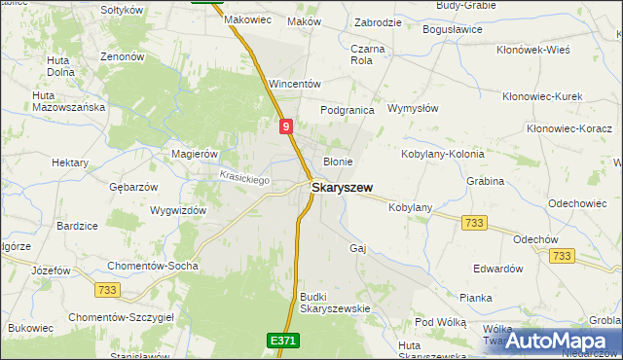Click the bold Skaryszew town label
[x=345, y=187]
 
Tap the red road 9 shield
[x=284, y=126]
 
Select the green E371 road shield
[x=283, y=341]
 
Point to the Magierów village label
[x=194, y=154]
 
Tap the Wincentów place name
[x=294, y=84]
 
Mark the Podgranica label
[x=348, y=110]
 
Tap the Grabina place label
[x=485, y=181]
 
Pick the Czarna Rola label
[x=368, y=54]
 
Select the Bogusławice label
[x=453, y=29]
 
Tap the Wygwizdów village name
[x=179, y=210]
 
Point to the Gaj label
[x=357, y=248]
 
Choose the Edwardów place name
[x=497, y=269]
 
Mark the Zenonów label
[x=123, y=56]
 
